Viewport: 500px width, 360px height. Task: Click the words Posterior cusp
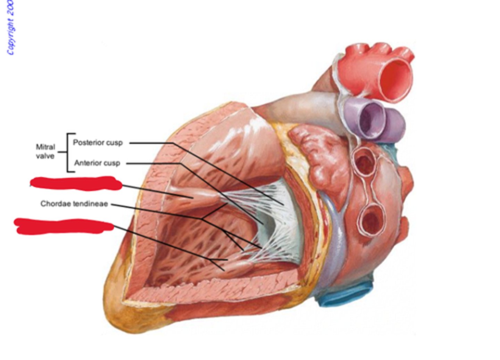(x=98, y=142)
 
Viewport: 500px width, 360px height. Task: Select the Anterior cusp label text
(x=97, y=163)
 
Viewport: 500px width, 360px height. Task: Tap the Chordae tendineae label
(x=74, y=204)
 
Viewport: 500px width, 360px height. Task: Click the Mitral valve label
(x=45, y=152)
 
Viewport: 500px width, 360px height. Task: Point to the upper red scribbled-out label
(x=76, y=183)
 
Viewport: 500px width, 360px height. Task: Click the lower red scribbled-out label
(x=64, y=226)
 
